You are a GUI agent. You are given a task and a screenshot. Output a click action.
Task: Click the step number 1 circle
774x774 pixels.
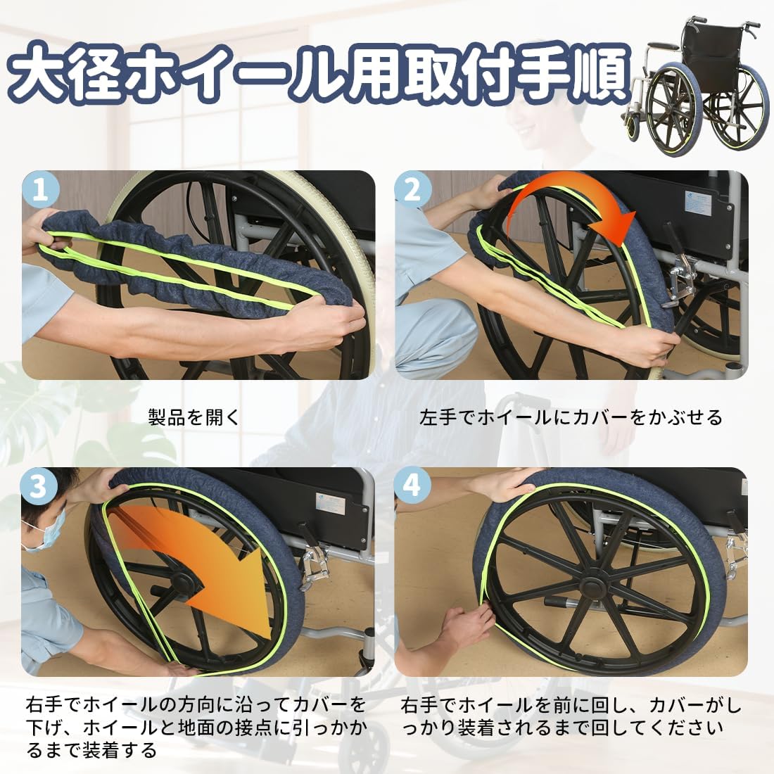pos(41,191)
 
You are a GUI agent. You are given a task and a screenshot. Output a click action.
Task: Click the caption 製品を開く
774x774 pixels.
pos(194,418)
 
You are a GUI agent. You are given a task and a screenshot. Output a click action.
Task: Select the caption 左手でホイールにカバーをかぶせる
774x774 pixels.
pos(571,418)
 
